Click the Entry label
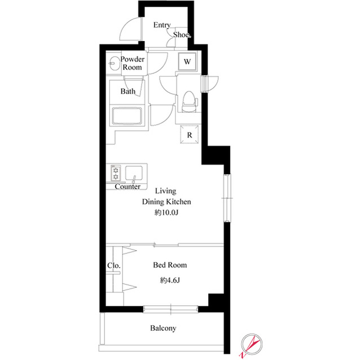click(162, 25)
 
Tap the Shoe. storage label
click(182, 35)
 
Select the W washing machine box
click(187, 61)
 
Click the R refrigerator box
click(190, 135)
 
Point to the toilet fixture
click(190, 101)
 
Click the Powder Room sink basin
click(113, 63)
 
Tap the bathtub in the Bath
click(127, 116)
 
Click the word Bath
click(128, 91)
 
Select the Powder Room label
click(133, 63)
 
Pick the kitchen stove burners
click(116, 174)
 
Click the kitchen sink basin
click(134, 173)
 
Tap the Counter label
click(127, 186)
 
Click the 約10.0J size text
click(166, 212)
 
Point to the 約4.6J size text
click(170, 280)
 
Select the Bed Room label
click(170, 265)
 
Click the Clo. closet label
click(114, 265)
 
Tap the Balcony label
click(163, 328)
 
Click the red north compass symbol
click(252, 345)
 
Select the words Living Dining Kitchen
click(166, 196)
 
